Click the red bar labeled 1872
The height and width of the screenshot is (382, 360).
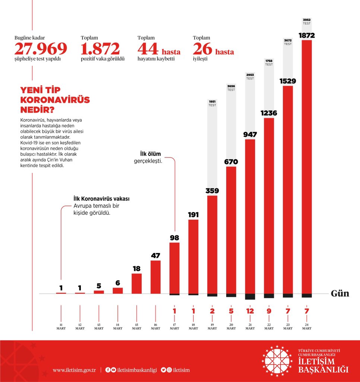tap(307, 168)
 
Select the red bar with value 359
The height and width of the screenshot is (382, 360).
tap(212, 244)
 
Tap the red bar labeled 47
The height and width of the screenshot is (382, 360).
tap(155, 277)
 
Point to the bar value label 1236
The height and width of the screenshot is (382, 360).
tap(269, 113)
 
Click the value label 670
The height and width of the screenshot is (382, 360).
tap(231, 162)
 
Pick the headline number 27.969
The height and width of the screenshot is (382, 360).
tap(41, 49)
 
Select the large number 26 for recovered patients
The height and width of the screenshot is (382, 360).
tap(202, 49)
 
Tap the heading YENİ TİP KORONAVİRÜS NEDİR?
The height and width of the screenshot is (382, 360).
tap(55, 100)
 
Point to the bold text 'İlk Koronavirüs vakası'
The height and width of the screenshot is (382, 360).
tap(101, 199)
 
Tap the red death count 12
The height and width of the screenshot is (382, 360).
tap(250, 310)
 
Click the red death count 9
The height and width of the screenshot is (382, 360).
tap(269, 310)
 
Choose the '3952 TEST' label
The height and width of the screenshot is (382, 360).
tap(307, 21)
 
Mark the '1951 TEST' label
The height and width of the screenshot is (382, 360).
tap(212, 103)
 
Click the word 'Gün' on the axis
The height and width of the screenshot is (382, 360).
tap(340, 294)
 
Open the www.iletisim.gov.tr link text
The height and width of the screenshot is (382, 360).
tap(75, 370)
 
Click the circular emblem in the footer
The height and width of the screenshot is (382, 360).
tap(277, 361)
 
